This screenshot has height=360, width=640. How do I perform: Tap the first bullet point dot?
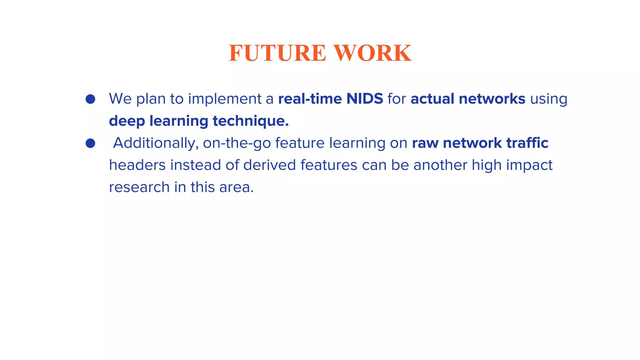pos(90,99)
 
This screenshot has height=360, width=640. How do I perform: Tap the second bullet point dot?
pos(90,143)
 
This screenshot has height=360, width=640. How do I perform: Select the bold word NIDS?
pos(365,99)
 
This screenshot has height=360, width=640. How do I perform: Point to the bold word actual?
pos(432,99)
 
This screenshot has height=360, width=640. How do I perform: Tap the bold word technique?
pos(250,121)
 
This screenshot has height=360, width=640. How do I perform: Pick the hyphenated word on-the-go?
pos(237,143)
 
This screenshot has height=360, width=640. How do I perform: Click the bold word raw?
pos(425,143)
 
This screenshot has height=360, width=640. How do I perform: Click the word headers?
pos(137,165)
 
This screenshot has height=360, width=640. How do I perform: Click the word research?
pos(139,187)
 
